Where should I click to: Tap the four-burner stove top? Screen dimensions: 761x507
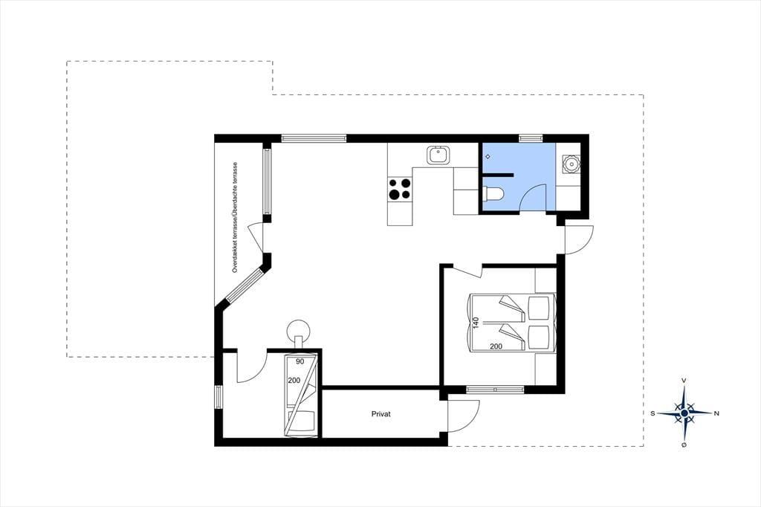[399, 189]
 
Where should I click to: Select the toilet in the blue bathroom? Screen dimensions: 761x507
[494, 194]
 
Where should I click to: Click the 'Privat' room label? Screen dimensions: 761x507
[381, 414]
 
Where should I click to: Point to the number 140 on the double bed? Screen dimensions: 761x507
[476, 323]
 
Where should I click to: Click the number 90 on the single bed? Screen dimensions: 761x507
[300, 361]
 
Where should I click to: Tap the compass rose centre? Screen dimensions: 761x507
[684, 413]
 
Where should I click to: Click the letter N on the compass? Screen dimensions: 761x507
[716, 413]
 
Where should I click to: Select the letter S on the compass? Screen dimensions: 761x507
[652, 413]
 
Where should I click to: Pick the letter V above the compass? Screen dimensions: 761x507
[684, 381]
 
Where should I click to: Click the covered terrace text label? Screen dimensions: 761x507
[235, 217]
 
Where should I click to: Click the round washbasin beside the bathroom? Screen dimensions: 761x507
[571, 164]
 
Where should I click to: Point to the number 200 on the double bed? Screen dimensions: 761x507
[496, 346]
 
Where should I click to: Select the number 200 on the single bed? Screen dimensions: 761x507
[294, 381]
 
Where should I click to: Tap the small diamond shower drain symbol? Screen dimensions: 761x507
[488, 157]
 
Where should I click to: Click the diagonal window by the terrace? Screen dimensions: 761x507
[246, 285]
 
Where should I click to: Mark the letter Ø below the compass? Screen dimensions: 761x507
[684, 445]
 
